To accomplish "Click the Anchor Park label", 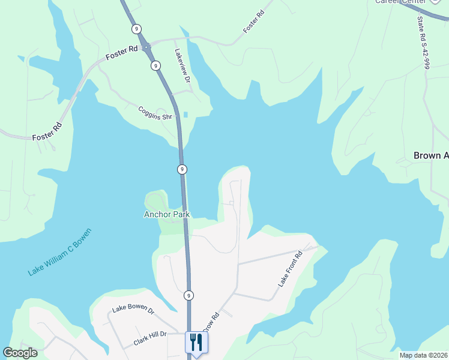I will pyautogui.click(x=167, y=214).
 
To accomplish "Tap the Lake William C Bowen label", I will pyautogui.click(x=60, y=252).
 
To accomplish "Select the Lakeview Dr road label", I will pyautogui.click(x=182, y=66).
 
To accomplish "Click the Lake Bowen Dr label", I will pyautogui.click(x=133, y=311).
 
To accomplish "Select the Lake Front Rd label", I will pyautogui.click(x=291, y=268).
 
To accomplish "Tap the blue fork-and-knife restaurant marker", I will pyautogui.click(x=196, y=343).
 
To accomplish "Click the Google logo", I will pyautogui.click(x=20, y=352).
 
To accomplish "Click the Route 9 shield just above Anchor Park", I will pyautogui.click(x=181, y=170).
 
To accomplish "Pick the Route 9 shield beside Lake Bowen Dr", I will pyautogui.click(x=188, y=295).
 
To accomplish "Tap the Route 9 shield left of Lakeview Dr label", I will pyautogui.click(x=155, y=65).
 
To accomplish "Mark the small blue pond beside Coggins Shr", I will pyautogui.click(x=185, y=114).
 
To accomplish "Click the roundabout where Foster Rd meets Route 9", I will pyautogui.click(x=146, y=46).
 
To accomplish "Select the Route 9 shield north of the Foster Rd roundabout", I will pyautogui.click(x=137, y=28).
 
